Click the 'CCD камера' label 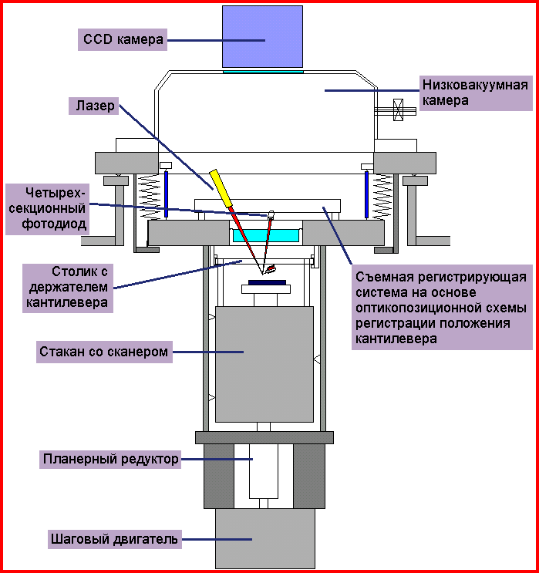(123, 40)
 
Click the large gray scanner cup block (264, 362)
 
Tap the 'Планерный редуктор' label (110, 460)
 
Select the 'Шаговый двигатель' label (114, 539)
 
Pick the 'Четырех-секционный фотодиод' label (45, 208)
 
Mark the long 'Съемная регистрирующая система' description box (441, 308)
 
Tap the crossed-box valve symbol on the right (399, 110)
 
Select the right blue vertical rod (366, 194)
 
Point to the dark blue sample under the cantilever (267, 282)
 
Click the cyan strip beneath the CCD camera (263, 70)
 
